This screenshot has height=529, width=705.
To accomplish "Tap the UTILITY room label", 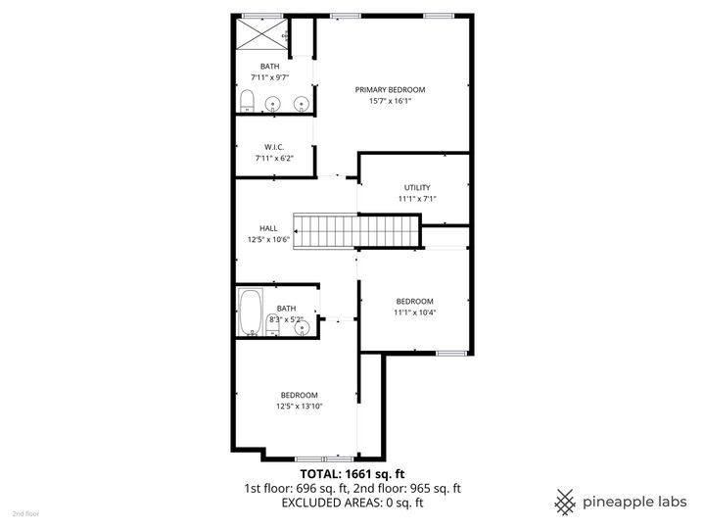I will [x=417, y=187].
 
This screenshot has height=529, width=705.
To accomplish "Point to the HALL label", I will [x=268, y=227].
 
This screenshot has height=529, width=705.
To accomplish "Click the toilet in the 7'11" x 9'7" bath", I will [x=248, y=101].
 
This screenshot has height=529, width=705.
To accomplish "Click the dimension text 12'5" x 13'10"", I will [x=300, y=406].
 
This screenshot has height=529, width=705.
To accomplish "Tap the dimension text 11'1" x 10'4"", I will [x=414, y=313].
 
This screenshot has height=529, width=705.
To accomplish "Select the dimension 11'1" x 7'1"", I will [x=417, y=198].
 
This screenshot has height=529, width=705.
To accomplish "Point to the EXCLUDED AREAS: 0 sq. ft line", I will [x=352, y=503].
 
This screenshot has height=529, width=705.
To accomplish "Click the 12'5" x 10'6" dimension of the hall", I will [x=268, y=238].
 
